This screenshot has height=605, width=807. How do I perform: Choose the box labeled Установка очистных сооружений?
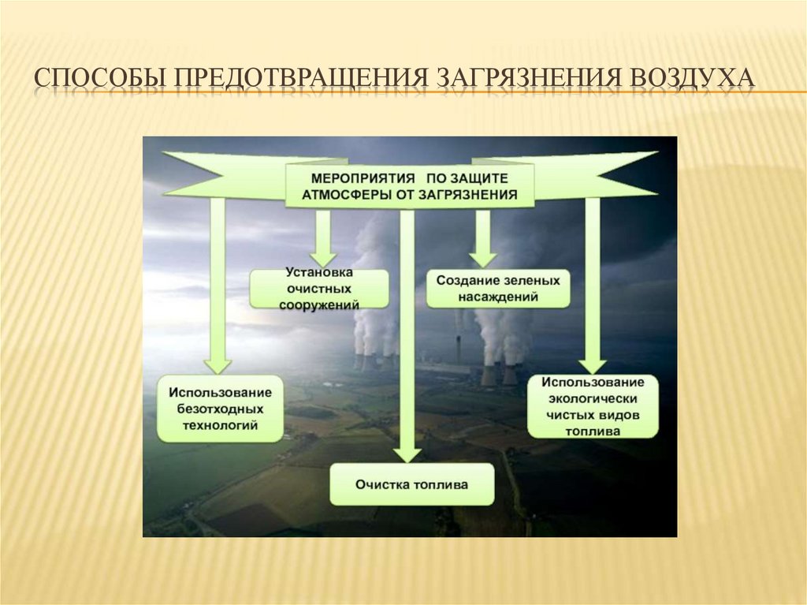tap(319, 289)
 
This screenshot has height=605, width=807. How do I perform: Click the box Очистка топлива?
tap(411, 484)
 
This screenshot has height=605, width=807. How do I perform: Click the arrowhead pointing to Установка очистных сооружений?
tap(322, 258)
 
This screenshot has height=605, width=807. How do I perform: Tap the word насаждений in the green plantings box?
tap(498, 297)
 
